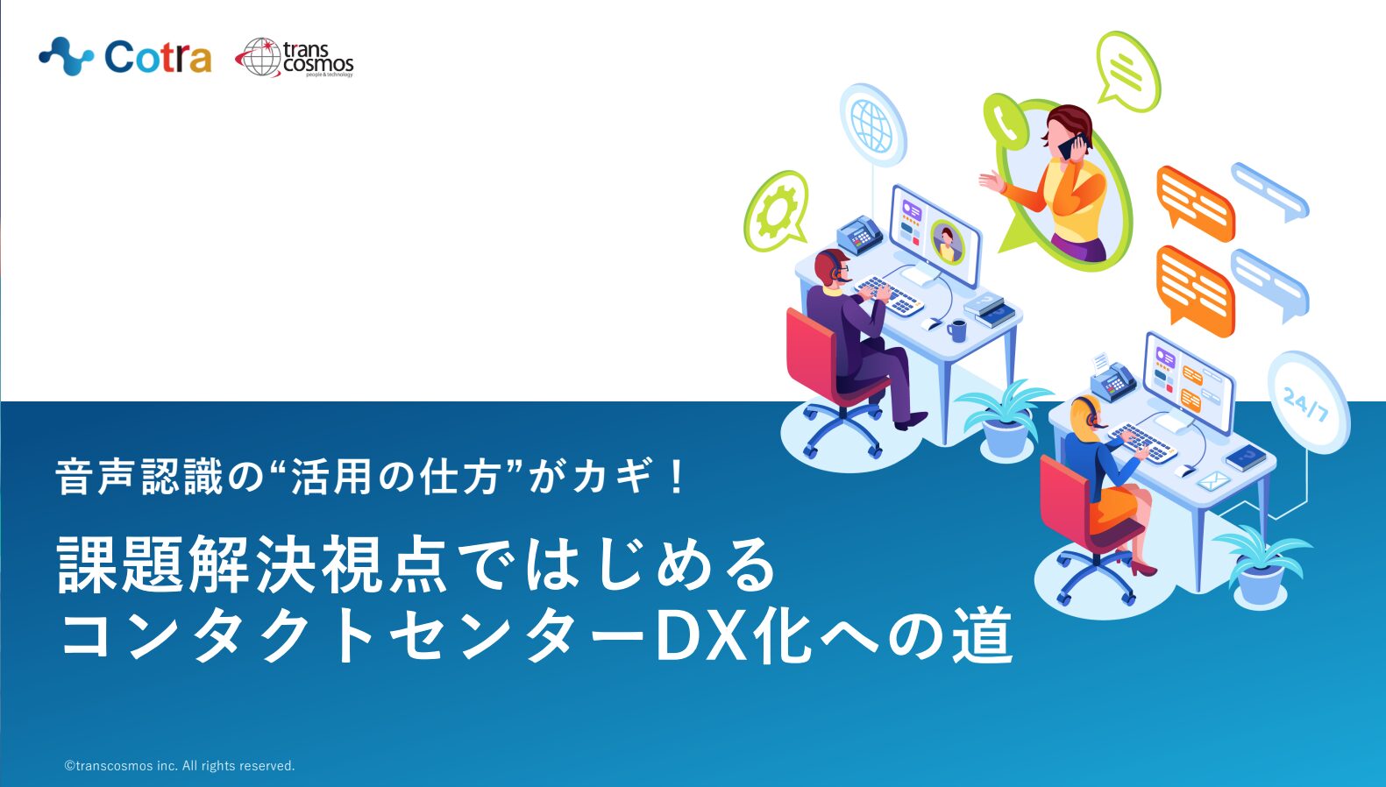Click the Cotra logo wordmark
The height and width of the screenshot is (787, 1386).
158,57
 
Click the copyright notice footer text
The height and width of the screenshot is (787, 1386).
180,765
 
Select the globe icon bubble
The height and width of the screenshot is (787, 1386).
872,125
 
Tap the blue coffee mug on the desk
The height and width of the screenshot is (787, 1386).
956,330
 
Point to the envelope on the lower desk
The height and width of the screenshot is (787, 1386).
1212,480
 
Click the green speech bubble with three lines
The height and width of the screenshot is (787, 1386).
1128,70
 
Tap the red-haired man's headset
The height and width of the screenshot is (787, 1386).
835,264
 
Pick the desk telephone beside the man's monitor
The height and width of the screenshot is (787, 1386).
860,235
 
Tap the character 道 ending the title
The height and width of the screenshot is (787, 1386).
982,635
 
